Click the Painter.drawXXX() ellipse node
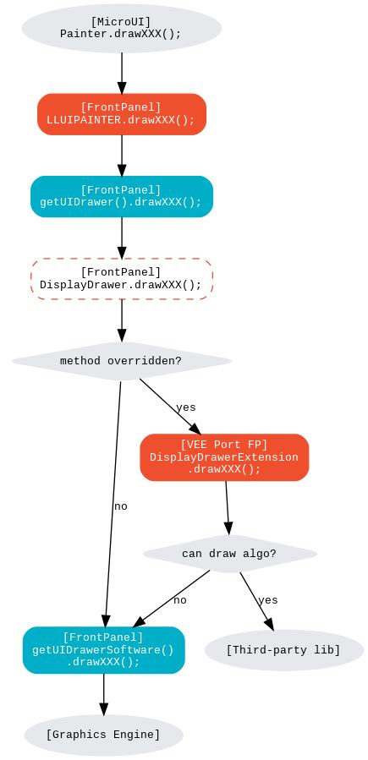(x=121, y=29)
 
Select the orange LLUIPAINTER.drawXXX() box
(x=121, y=114)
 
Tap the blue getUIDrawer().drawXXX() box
(x=121, y=196)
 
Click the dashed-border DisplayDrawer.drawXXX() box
(x=121, y=279)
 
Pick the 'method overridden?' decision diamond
(x=121, y=361)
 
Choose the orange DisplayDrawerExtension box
(x=224, y=457)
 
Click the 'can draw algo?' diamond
(x=229, y=554)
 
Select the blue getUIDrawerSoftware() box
(x=103, y=650)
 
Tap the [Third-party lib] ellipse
(x=283, y=650)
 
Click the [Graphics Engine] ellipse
(x=103, y=735)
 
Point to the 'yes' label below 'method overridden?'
(x=185, y=407)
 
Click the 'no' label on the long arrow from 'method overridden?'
(x=120, y=506)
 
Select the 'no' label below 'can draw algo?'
(x=179, y=600)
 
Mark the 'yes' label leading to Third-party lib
(x=267, y=600)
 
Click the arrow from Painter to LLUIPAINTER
(x=121, y=72)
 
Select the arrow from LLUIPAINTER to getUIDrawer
(x=121, y=155)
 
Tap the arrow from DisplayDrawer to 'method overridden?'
(x=121, y=320)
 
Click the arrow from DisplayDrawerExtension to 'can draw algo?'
(x=227, y=507)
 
